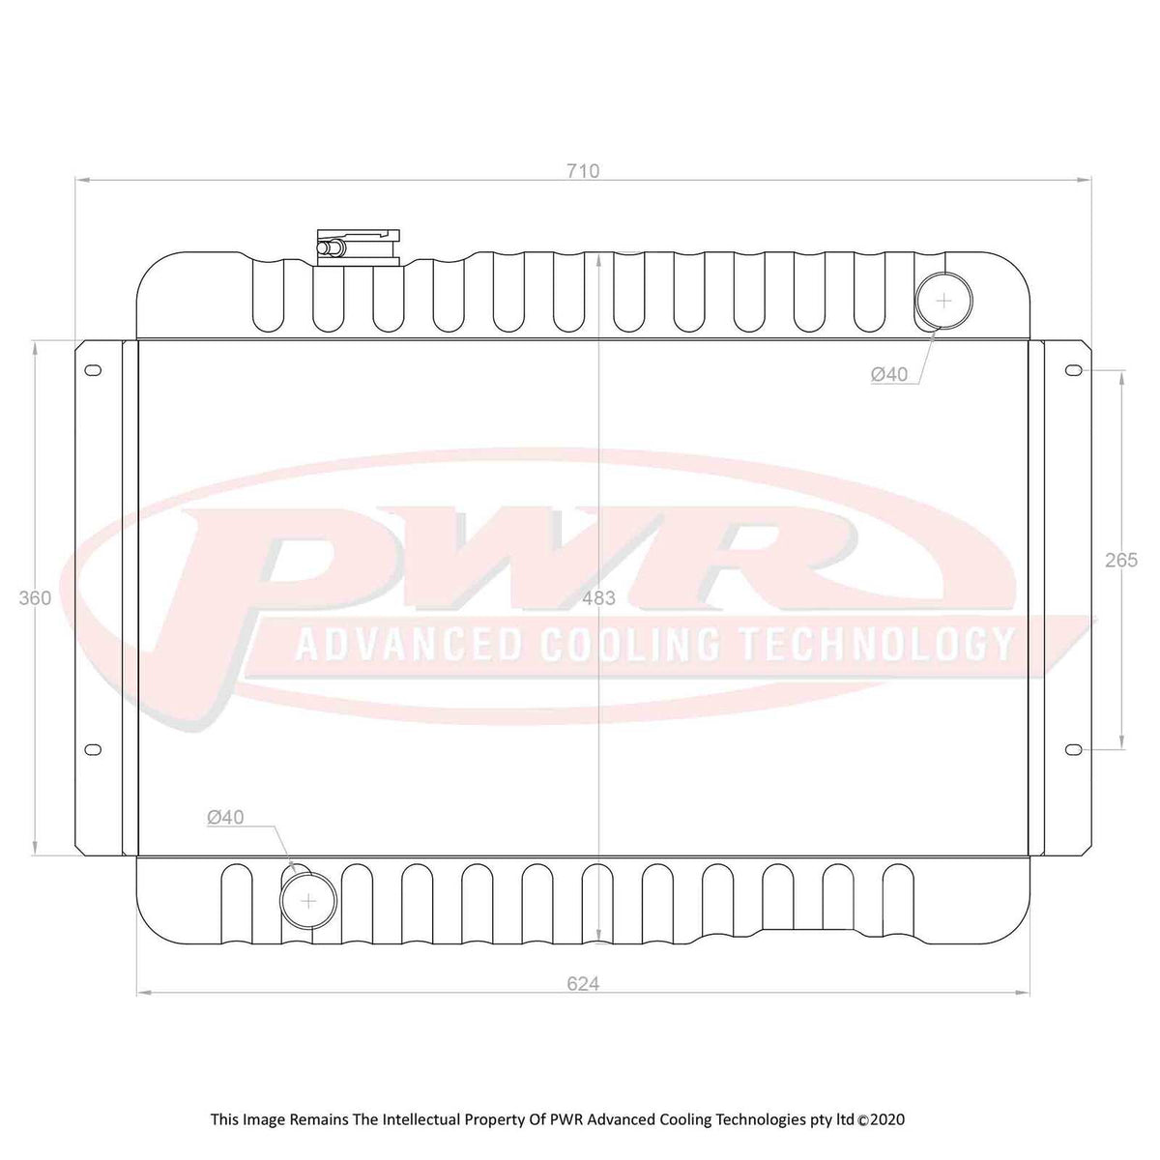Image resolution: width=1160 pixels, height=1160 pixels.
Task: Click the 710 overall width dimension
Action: point(583,171)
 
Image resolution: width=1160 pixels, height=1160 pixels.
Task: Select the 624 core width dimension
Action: point(583,984)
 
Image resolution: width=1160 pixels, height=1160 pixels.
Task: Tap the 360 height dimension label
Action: point(35,598)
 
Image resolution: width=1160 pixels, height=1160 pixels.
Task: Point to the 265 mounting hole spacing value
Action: point(1121,560)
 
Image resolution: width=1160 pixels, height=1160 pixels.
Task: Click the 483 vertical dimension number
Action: point(599,598)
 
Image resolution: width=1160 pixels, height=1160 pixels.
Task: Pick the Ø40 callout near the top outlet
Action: point(889,374)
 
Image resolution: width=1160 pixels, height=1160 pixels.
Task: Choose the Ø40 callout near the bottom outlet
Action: point(225,818)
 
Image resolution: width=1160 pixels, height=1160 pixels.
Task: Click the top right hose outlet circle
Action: point(943,300)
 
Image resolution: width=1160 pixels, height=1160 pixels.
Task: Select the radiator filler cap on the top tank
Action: point(358,246)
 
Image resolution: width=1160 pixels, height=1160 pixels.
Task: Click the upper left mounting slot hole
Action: point(94,370)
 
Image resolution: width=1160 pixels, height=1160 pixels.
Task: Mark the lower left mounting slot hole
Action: point(94,749)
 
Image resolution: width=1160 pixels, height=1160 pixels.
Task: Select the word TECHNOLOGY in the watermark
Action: point(875,645)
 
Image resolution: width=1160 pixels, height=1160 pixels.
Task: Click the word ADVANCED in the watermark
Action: point(407,645)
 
